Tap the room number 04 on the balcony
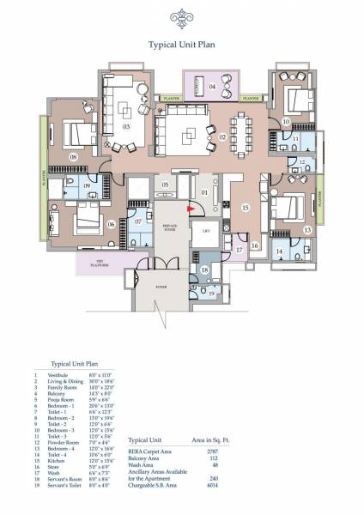(212, 88)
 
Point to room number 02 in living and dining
(222, 136)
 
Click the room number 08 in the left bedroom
(74, 157)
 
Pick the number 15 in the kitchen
(245, 206)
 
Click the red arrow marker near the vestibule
(192, 207)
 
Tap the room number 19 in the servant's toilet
(212, 294)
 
